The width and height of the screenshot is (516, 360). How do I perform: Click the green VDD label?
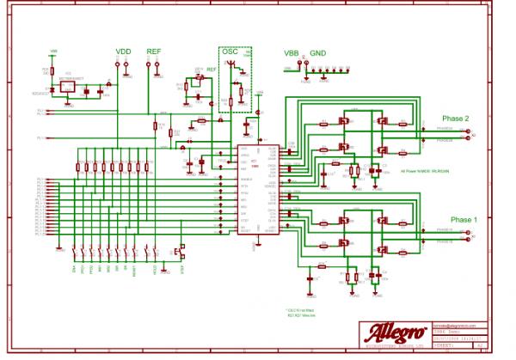pyautogui.click(x=124, y=52)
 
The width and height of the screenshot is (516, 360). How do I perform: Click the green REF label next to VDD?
pyautogui.click(x=154, y=52)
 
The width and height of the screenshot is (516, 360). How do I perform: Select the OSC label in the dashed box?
pyautogui.click(x=230, y=52)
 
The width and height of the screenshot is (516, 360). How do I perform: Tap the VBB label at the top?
pyautogui.click(x=292, y=53)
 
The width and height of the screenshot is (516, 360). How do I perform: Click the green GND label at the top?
pyautogui.click(x=318, y=53)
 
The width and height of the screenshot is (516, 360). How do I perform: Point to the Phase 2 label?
pyautogui.click(x=455, y=118)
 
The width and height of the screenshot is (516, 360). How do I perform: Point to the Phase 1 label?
pyautogui.click(x=455, y=219)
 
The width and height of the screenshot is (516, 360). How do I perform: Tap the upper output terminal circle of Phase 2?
pyautogui.click(x=469, y=131)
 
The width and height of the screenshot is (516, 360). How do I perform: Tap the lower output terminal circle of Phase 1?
pyautogui.click(x=469, y=241)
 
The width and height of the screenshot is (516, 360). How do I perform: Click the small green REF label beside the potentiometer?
pyautogui.click(x=211, y=69)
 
